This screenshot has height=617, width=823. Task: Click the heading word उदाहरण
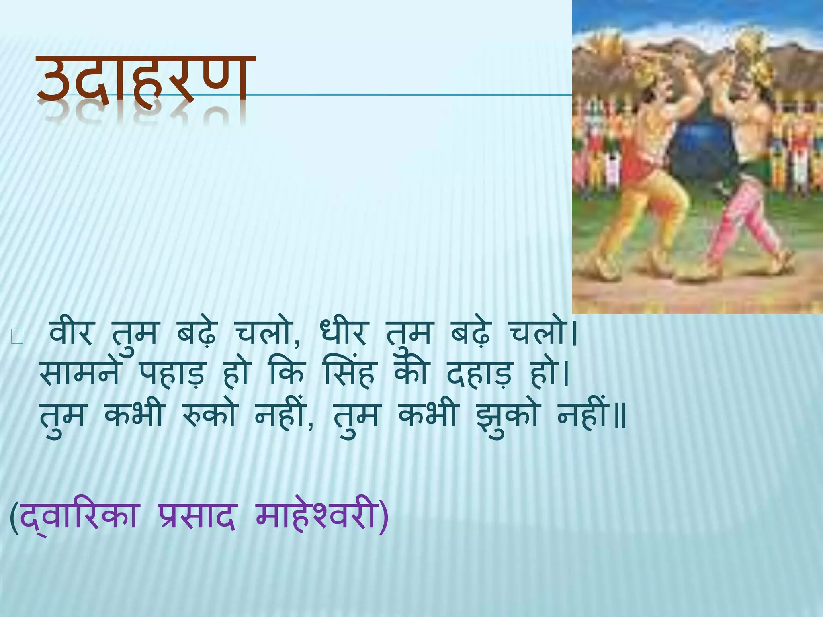click(145, 80)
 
